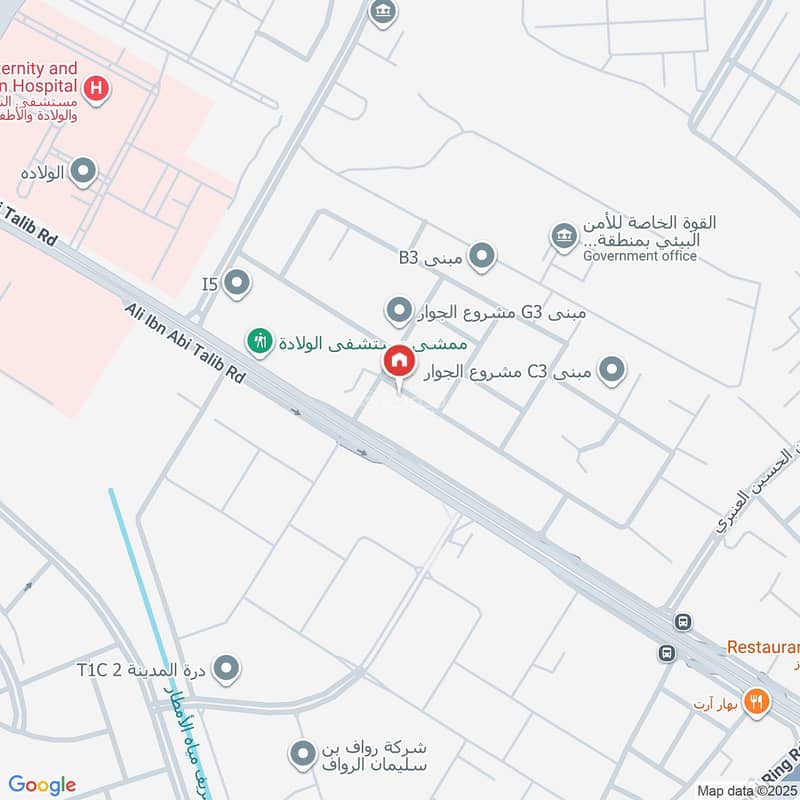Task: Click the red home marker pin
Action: [399, 361]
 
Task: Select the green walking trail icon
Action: [260, 341]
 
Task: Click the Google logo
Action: [42, 785]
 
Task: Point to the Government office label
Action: [640, 256]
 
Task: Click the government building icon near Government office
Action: [562, 237]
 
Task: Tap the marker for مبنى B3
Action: [482, 257]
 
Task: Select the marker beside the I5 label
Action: [237, 284]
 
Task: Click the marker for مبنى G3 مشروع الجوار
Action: [400, 311]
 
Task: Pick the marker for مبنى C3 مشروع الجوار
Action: [611, 371]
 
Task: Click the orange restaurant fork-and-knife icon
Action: [757, 702]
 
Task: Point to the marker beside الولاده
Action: [84, 172]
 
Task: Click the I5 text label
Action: [209, 285]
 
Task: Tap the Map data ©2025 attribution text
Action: [747, 790]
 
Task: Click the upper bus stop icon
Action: [683, 622]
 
